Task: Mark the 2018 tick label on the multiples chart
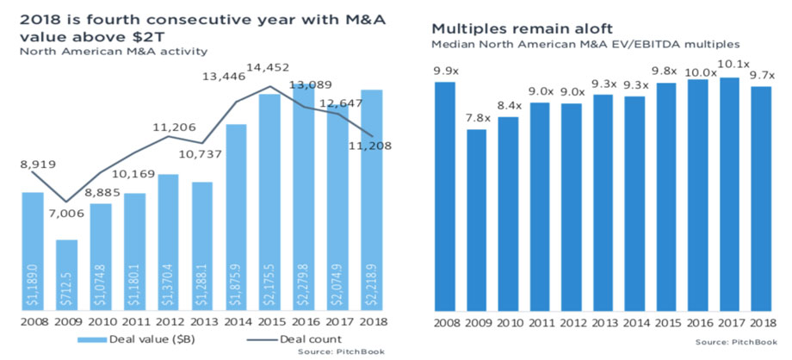tap(760, 324)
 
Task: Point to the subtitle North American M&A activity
tap(117, 52)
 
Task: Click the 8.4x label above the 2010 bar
tap(510, 107)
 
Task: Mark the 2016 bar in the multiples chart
tap(698, 196)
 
